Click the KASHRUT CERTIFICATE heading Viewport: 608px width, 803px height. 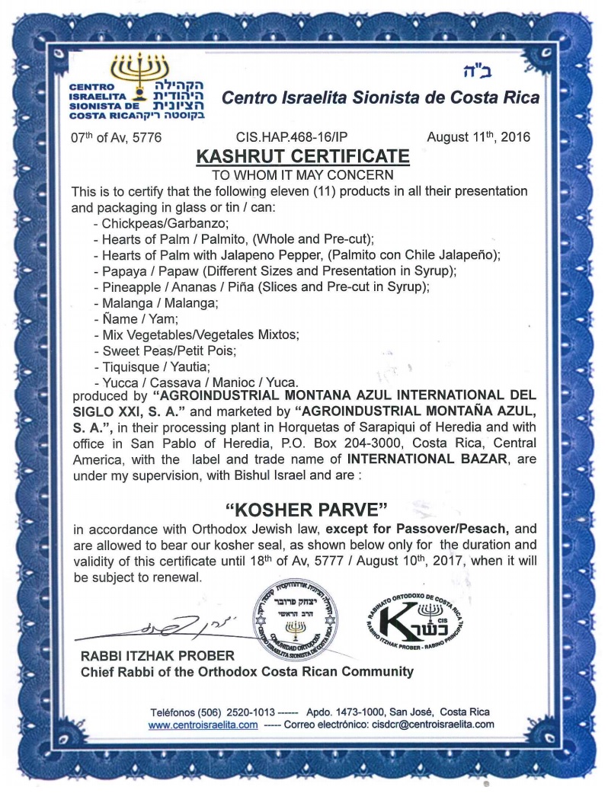[x=303, y=157]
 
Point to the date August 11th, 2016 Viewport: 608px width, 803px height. [x=473, y=138]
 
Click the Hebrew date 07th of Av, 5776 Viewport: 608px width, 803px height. [x=115, y=138]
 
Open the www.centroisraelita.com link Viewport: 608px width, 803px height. [x=203, y=725]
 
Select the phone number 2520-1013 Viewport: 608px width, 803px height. [x=248, y=712]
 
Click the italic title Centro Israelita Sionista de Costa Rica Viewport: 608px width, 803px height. [x=380, y=98]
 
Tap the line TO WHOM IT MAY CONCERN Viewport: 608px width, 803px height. [x=303, y=174]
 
